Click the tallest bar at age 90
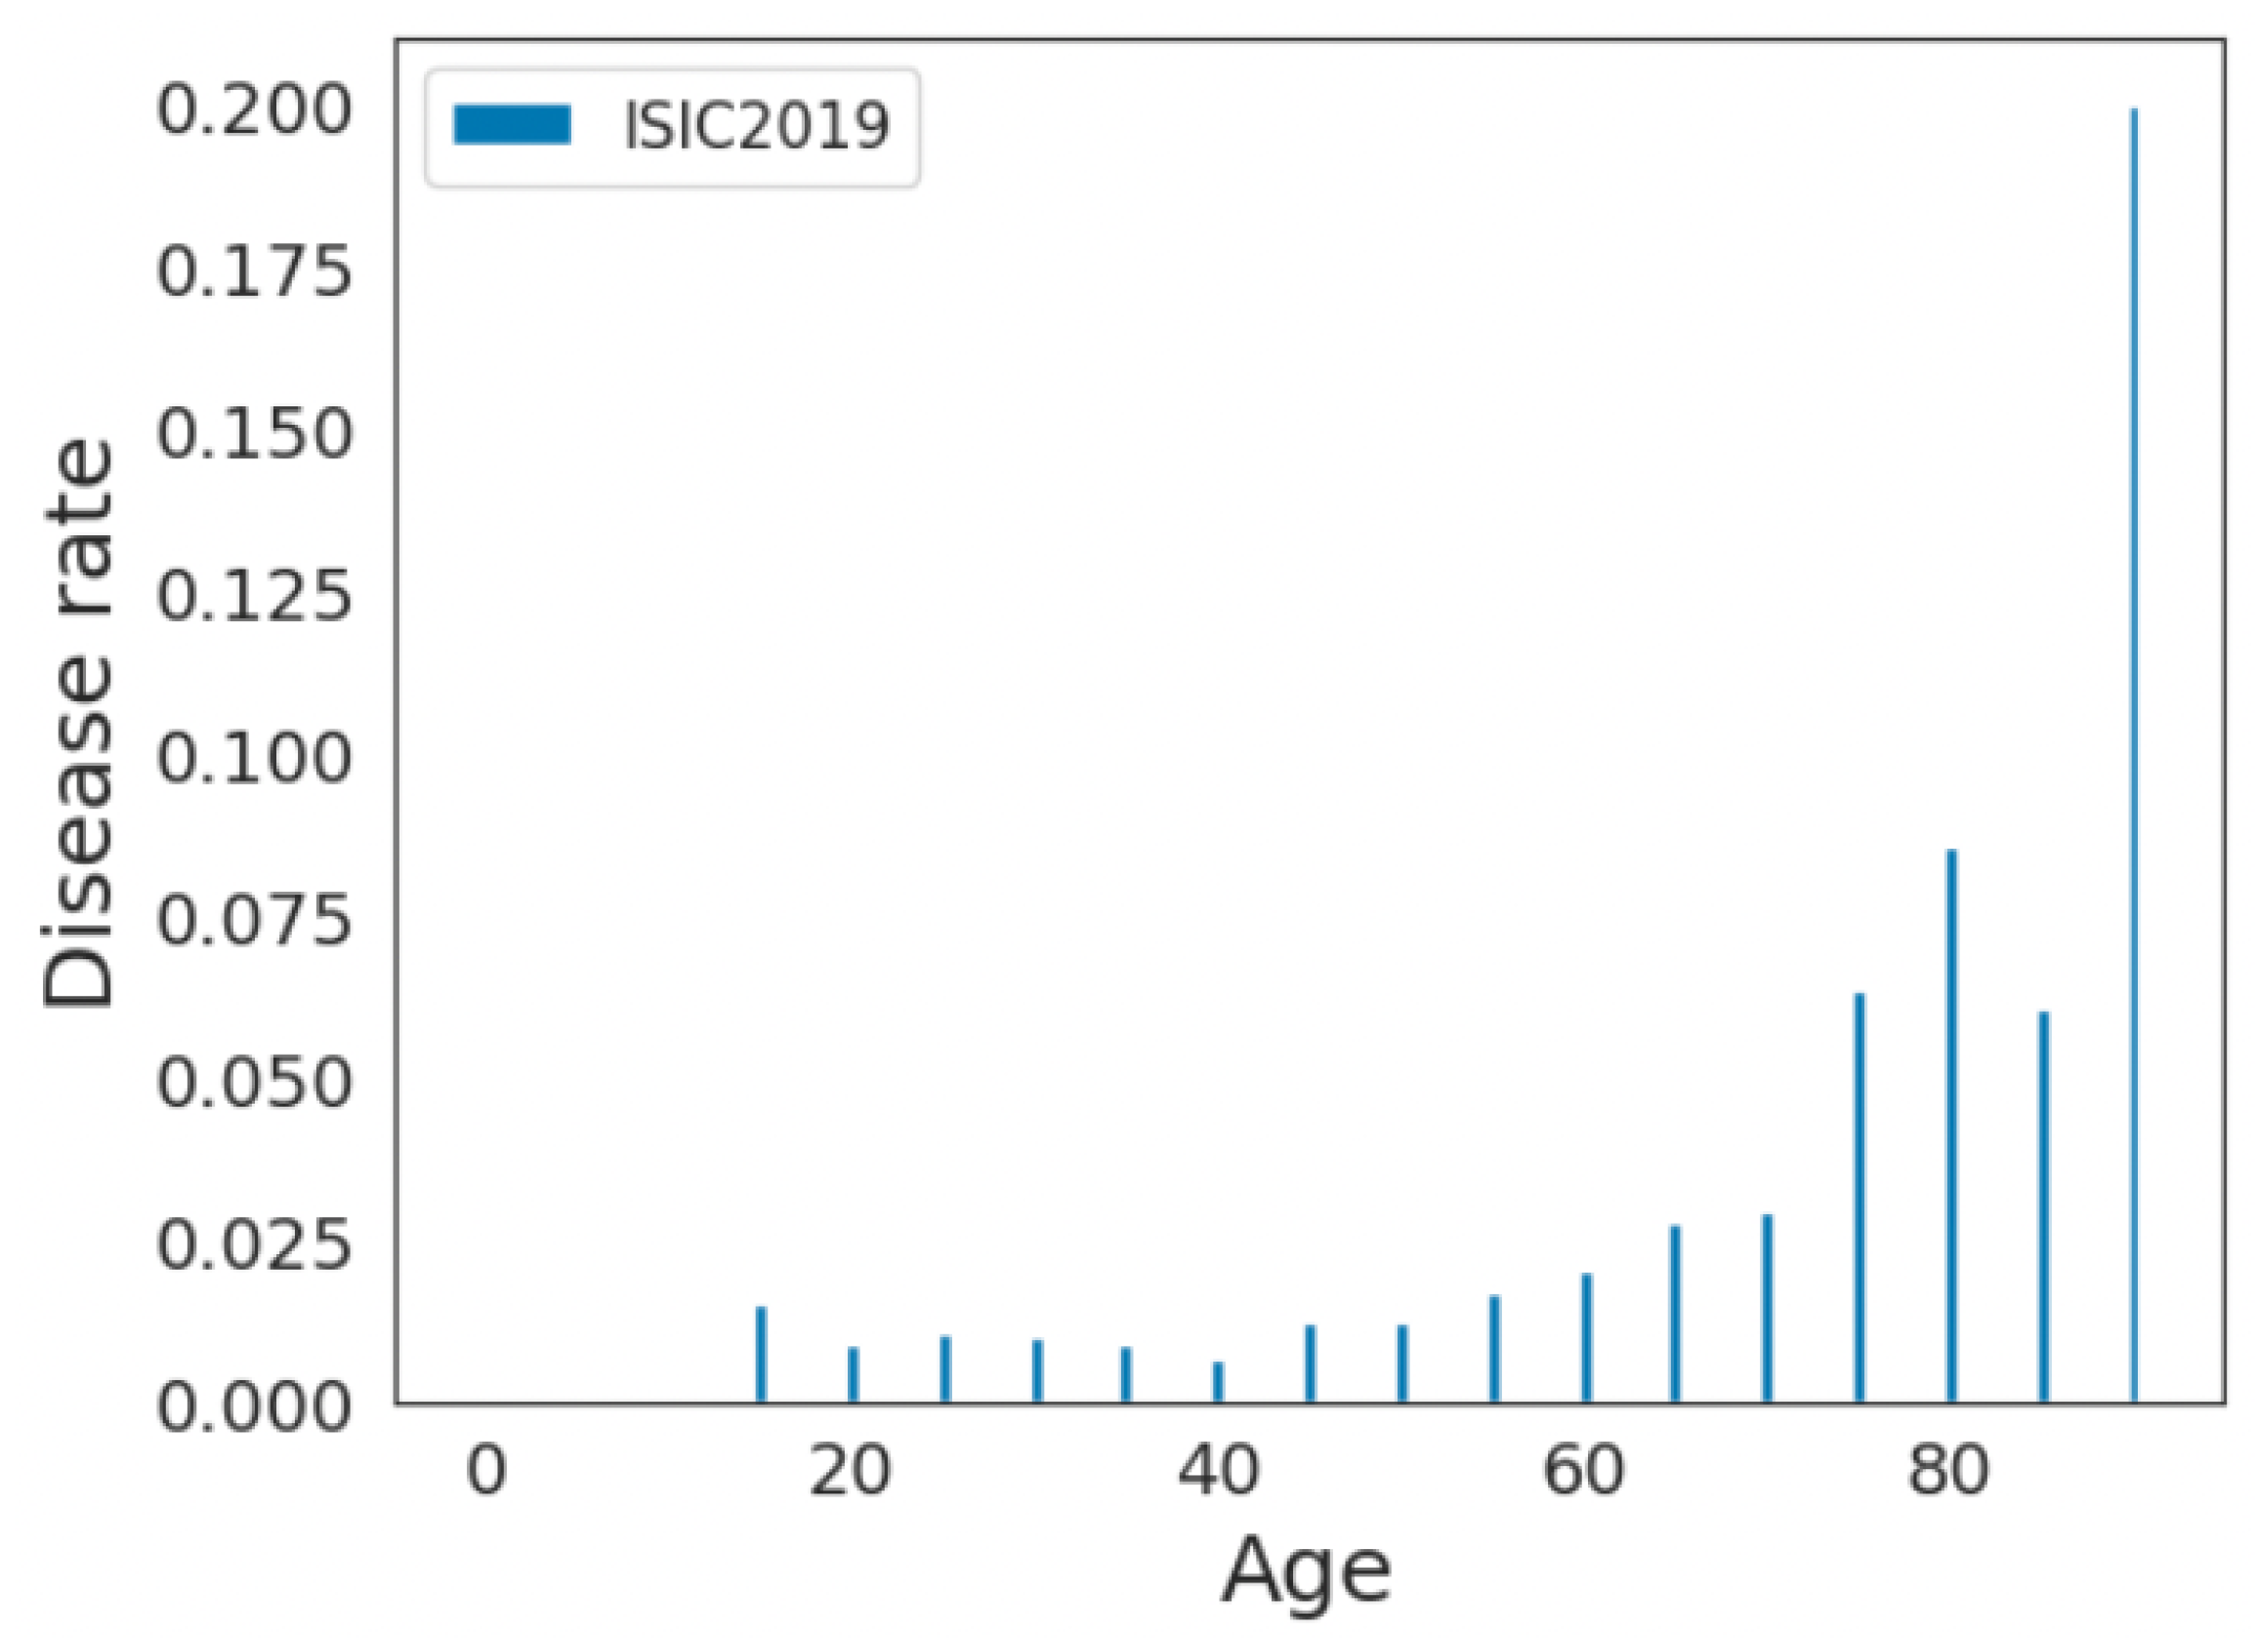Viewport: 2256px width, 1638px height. [2133, 756]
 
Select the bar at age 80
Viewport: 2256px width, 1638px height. [1950, 1126]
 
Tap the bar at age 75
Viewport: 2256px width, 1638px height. [1859, 1197]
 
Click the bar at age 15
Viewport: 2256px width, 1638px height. [761, 1354]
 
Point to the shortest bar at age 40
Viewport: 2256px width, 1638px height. [1218, 1381]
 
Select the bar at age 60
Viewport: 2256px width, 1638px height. [1586, 1337]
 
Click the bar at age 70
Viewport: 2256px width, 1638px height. [1768, 1308]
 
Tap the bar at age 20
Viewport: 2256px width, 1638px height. [853, 1374]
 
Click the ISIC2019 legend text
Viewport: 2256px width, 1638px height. [755, 126]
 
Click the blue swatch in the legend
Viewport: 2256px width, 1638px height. [512, 125]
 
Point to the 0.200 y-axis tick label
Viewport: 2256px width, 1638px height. [255, 110]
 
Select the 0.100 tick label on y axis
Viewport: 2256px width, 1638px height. [255, 758]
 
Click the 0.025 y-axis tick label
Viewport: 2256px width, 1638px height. [255, 1244]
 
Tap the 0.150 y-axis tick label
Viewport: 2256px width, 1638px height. [255, 435]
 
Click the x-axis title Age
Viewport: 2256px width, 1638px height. [1305, 1571]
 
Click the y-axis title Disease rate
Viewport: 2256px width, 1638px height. [79, 724]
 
